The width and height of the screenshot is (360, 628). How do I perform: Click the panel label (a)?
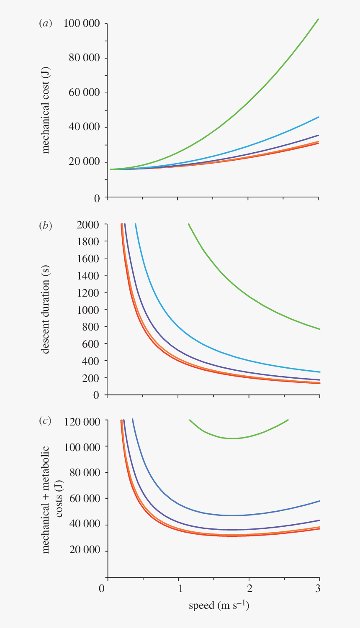click(45, 23)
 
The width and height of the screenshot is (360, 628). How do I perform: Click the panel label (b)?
click(45, 226)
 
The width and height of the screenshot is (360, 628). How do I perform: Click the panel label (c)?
click(45, 421)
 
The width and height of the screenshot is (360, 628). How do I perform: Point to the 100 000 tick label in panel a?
click(82, 23)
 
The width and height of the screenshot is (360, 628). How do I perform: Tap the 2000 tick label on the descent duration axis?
click(88, 225)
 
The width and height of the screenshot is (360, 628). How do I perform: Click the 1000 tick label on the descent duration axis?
click(88, 310)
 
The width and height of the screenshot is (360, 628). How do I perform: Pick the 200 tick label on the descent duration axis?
click(91, 378)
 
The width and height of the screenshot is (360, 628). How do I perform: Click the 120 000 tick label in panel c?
click(82, 421)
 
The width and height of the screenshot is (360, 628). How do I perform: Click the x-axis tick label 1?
click(180, 588)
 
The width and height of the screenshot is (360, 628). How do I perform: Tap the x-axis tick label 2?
click(249, 588)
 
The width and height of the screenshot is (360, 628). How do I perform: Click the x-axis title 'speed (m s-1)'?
click(219, 605)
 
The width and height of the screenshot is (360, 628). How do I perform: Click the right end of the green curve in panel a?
click(319, 19)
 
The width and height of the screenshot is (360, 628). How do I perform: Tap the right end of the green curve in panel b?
click(320, 329)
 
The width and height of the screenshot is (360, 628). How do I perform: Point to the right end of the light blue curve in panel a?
click(319, 117)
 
